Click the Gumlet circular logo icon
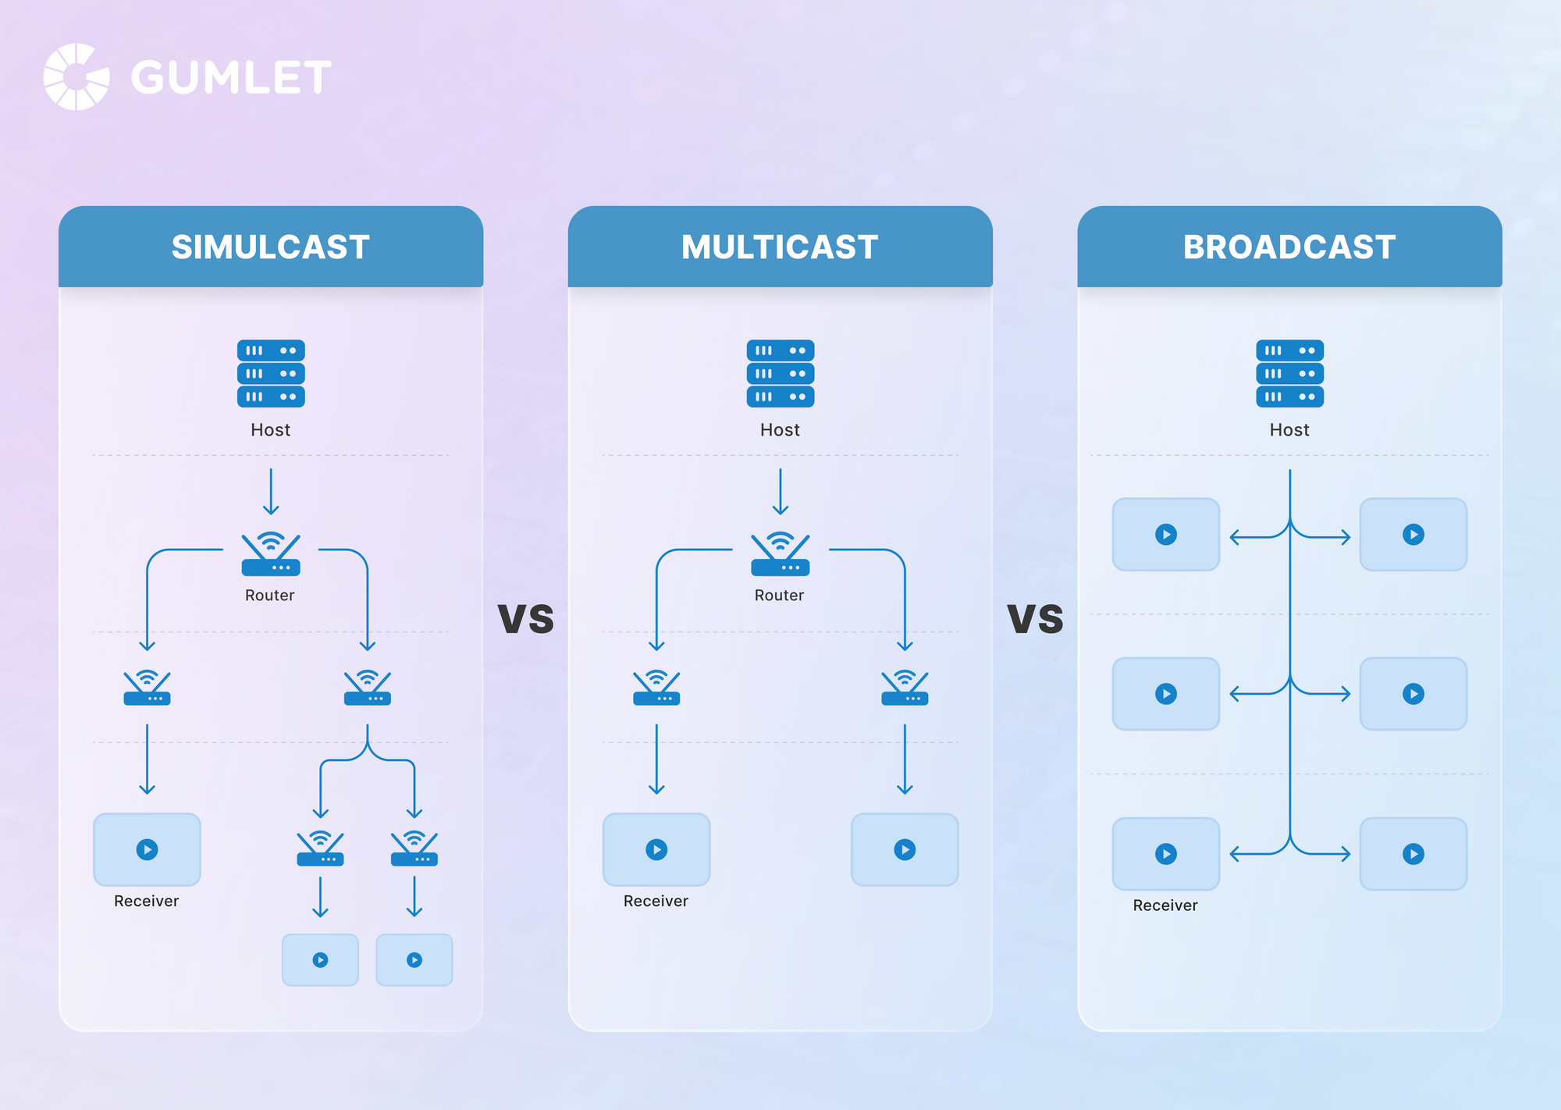click(76, 76)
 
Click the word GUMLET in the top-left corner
click(231, 77)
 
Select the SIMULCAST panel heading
click(270, 247)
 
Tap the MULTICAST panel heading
click(780, 247)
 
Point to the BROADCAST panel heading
click(1289, 247)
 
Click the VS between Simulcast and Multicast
click(526, 619)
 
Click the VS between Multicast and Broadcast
click(1035, 619)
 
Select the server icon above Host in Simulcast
click(271, 373)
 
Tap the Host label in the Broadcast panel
click(1289, 430)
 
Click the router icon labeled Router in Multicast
click(780, 553)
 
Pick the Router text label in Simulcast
click(270, 596)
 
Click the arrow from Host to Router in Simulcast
click(271, 492)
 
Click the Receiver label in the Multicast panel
click(656, 902)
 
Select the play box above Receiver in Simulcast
click(147, 849)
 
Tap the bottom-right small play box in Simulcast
click(414, 960)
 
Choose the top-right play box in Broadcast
click(1413, 535)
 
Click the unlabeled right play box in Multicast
click(905, 849)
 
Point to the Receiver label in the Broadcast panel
click(1165, 905)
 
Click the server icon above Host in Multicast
click(780, 373)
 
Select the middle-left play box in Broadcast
click(1165, 694)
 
